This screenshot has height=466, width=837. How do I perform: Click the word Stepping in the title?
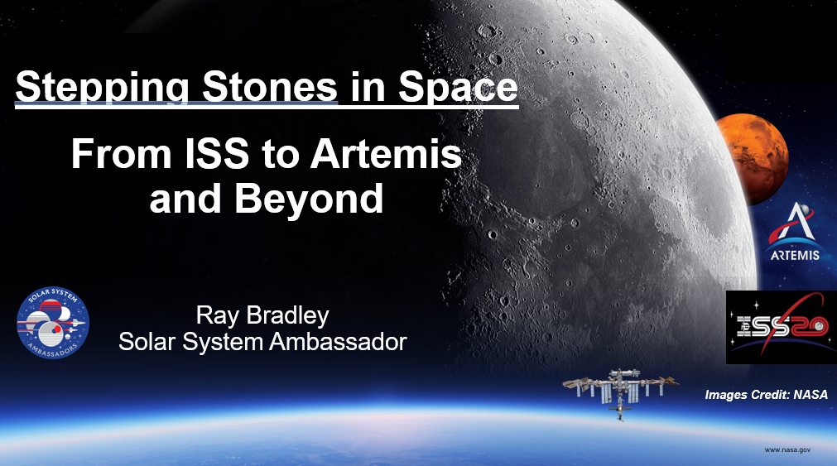[102, 87]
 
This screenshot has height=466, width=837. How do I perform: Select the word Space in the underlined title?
[458, 87]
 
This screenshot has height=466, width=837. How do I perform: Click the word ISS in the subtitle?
[217, 154]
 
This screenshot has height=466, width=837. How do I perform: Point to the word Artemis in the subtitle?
[386, 154]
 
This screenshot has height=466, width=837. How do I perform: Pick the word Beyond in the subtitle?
[309, 199]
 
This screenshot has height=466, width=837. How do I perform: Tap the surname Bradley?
[288, 316]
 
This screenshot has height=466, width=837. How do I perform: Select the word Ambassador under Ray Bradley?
[338, 342]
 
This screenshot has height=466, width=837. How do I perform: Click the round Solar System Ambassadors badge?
[53, 323]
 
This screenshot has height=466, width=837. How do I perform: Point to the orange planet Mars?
[753, 159]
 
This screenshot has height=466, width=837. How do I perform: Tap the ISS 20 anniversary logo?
[782, 327]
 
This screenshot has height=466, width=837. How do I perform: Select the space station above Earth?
[620, 392]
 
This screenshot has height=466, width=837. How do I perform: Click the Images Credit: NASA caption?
[766, 395]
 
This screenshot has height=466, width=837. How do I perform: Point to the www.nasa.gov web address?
[787, 450]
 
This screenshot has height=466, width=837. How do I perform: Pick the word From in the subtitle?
[121, 154]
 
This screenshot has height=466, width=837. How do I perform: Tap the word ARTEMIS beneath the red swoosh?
[794, 255]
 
